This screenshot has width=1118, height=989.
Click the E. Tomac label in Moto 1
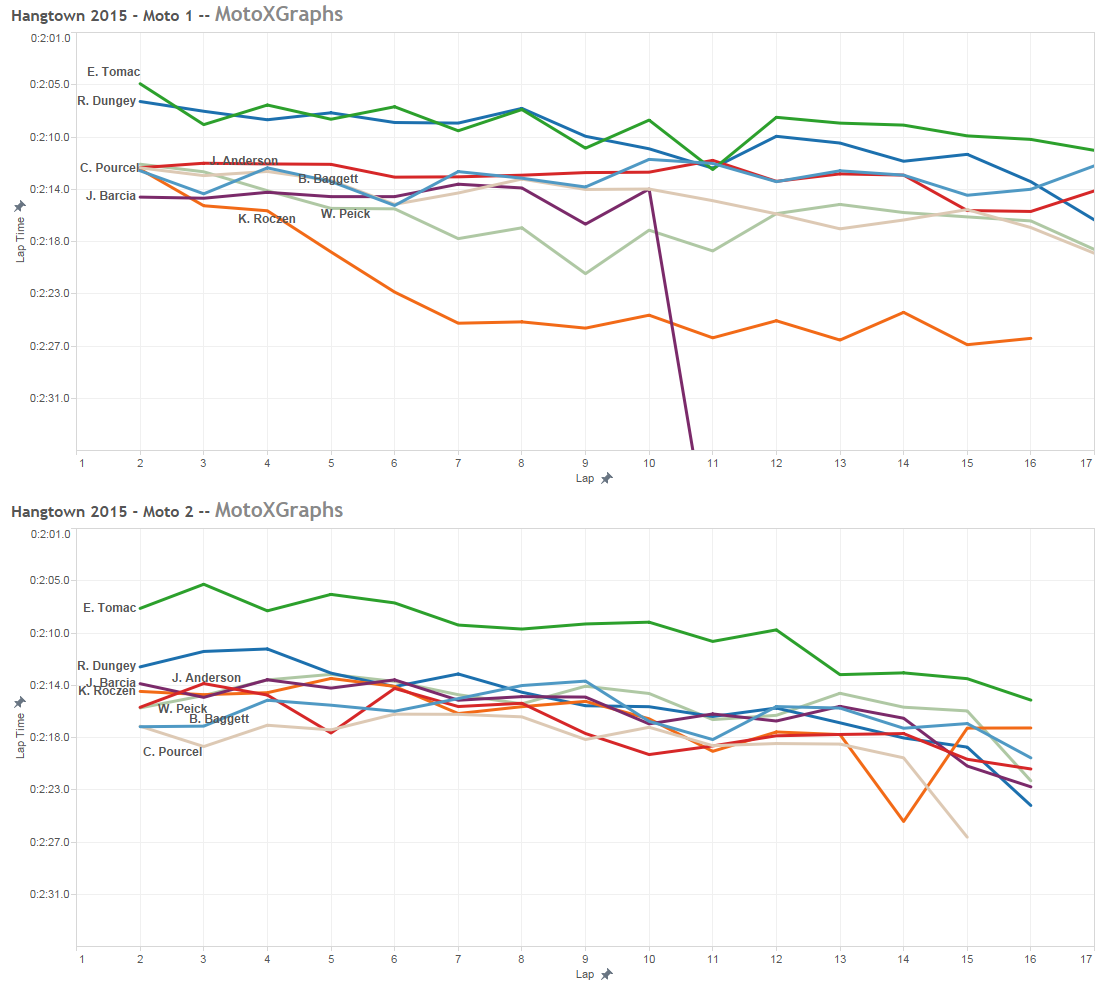[x=113, y=72]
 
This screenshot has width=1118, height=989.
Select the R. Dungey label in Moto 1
[x=106, y=101]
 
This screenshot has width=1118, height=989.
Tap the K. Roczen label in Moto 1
[x=267, y=219]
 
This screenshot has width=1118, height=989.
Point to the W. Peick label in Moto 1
[x=345, y=214]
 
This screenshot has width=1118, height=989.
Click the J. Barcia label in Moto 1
[x=111, y=196]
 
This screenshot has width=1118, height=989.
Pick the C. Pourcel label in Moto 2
[x=172, y=752]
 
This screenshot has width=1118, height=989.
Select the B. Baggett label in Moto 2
[x=219, y=719]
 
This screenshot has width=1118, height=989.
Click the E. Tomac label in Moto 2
[x=109, y=608]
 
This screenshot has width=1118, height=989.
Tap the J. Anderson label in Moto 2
[x=206, y=678]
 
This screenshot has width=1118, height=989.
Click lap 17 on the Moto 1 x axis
[x=1087, y=462]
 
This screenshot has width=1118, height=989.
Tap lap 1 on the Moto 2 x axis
[x=81, y=959]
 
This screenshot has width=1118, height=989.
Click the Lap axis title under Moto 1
[x=584, y=478]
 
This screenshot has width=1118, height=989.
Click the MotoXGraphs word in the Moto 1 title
[x=279, y=14]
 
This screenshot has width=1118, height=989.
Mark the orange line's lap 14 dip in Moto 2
[x=904, y=821]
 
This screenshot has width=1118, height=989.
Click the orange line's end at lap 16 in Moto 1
[x=1030, y=338]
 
